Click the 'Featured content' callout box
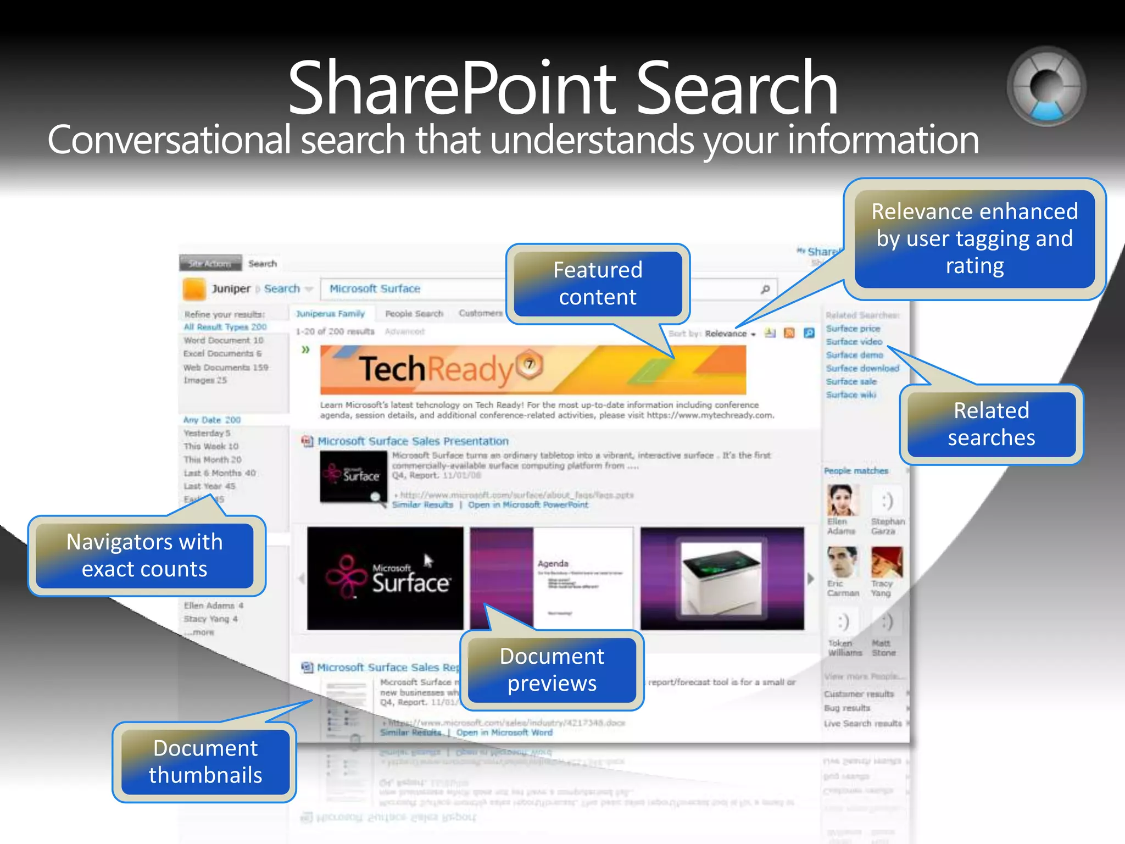point(598,284)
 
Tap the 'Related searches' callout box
point(991,424)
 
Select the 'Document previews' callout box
point(552,669)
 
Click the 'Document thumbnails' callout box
point(205,762)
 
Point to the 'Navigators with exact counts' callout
point(144,556)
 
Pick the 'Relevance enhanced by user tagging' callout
point(974,238)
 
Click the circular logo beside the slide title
point(1046,87)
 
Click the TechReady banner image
point(533,369)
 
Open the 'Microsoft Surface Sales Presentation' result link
point(413,441)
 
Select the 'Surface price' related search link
point(853,329)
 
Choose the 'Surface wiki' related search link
point(851,395)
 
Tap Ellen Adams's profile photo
point(842,500)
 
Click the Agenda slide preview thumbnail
point(552,578)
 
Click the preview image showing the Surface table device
point(722,578)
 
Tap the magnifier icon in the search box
point(765,289)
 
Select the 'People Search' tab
point(414,314)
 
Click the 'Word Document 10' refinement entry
point(224,340)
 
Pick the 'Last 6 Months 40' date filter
point(220,473)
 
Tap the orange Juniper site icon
point(194,289)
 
